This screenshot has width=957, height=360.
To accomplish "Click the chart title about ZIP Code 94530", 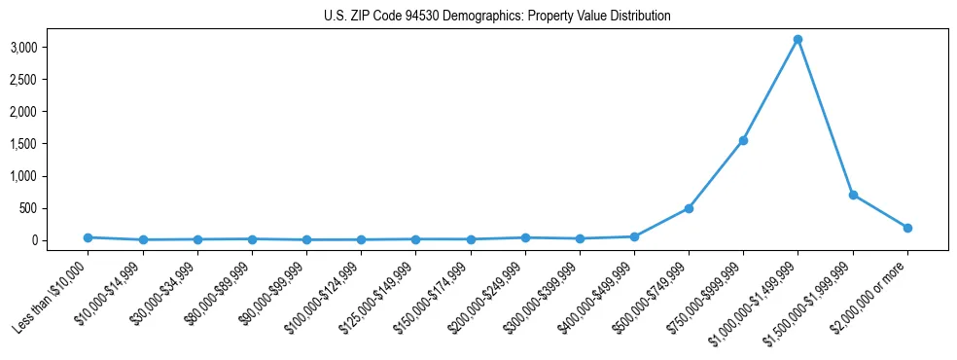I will click(x=496, y=16).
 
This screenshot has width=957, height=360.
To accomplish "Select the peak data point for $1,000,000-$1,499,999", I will click(x=797, y=40).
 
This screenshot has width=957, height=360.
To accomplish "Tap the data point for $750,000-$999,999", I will click(x=743, y=140).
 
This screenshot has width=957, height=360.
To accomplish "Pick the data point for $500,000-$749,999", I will click(x=689, y=208).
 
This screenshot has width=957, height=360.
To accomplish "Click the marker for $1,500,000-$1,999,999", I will click(x=853, y=195).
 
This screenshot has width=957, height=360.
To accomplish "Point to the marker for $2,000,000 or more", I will click(x=907, y=228).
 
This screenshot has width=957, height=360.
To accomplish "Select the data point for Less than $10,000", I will click(x=89, y=237).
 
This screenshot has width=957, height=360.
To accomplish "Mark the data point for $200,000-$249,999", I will click(x=525, y=237).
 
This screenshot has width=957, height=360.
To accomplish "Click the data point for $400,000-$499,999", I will click(x=634, y=236).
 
